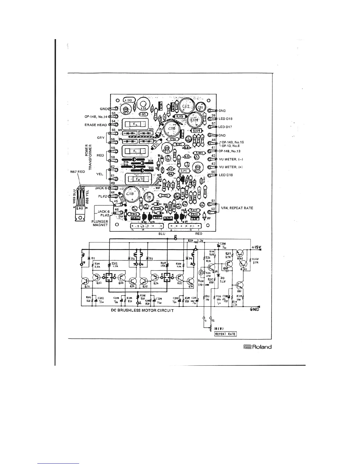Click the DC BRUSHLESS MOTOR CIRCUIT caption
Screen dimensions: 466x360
coord(142,310)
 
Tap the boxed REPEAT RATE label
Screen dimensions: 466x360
coord(225,334)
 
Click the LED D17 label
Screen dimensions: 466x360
coord(226,127)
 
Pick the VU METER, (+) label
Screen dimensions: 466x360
coord(232,167)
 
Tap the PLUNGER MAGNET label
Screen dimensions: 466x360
coord(99,223)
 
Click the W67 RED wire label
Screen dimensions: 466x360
coord(77,172)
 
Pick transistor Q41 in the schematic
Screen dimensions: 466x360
coord(239,285)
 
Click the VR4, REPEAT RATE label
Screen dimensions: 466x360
coord(237,208)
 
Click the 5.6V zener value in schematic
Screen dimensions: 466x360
coord(222,281)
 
